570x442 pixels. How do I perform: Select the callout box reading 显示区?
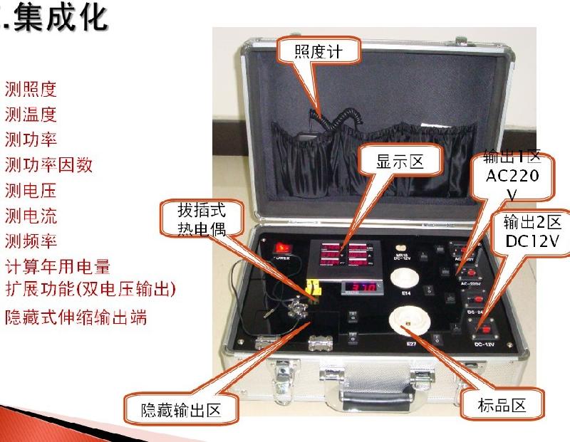point(400,162)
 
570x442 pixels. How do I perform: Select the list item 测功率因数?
point(48,165)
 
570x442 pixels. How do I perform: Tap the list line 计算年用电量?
point(57,267)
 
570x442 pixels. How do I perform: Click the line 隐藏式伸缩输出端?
point(76,317)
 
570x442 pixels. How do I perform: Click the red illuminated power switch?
point(284,249)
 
